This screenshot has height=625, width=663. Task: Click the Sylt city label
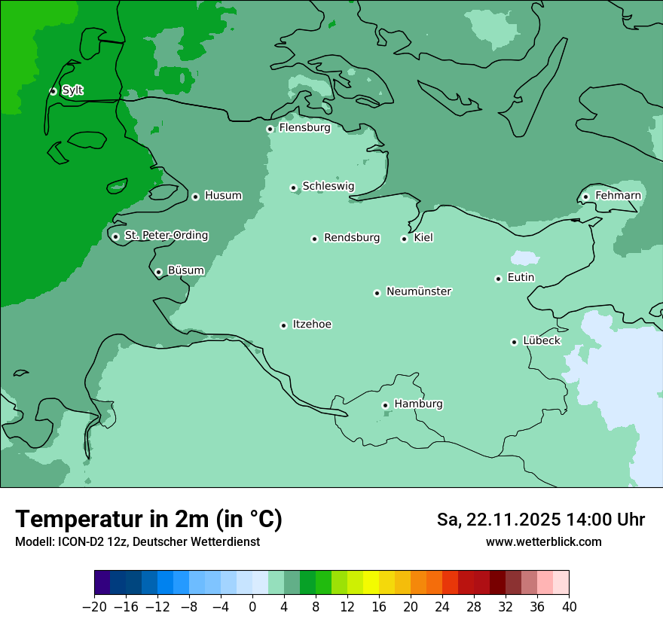[x=72, y=90]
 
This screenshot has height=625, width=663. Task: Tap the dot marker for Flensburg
[x=270, y=129]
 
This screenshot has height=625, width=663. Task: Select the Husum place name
[x=223, y=196]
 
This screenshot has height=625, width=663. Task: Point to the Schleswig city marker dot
[x=293, y=187]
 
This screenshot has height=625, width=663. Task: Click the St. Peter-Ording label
[x=166, y=236]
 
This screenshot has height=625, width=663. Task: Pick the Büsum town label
[x=185, y=270]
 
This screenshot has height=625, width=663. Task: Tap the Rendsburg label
[x=351, y=238]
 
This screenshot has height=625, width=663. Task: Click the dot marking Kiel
[x=404, y=239]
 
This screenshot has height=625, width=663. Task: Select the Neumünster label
[x=419, y=291]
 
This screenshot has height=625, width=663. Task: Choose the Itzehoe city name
[x=312, y=325]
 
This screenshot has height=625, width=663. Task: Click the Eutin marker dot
[x=498, y=279]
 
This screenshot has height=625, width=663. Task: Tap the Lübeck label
[x=541, y=340]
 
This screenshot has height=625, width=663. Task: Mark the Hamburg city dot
[x=385, y=405]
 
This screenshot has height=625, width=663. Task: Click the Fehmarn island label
[x=618, y=196]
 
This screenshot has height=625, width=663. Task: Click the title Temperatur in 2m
[x=148, y=520]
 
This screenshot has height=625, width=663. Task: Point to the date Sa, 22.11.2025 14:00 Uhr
[x=540, y=520]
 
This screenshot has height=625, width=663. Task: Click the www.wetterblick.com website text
[x=543, y=541]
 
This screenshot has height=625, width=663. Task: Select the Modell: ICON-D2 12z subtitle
[x=137, y=541]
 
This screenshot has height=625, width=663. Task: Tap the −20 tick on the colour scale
[x=94, y=607]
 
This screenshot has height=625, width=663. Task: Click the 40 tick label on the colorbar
[x=569, y=607]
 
